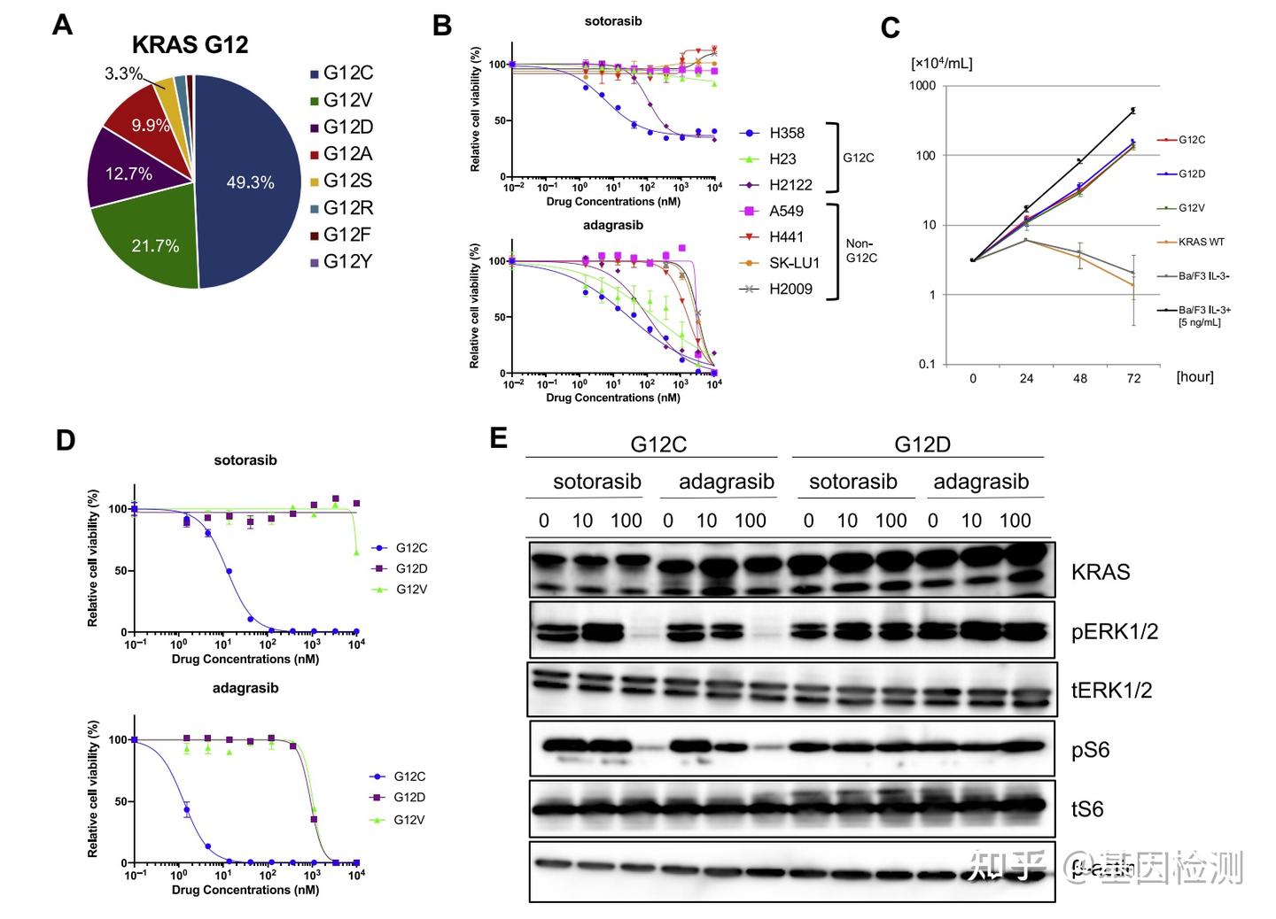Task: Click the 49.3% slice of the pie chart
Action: click(x=251, y=182)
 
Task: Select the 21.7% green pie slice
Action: click(x=155, y=245)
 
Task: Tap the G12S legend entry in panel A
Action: click(x=346, y=181)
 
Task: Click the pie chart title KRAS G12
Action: click(x=190, y=45)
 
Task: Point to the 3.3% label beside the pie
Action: click(x=123, y=73)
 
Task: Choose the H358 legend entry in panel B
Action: click(x=786, y=133)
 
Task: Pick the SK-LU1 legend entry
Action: click(x=793, y=263)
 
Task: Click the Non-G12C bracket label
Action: click(x=860, y=251)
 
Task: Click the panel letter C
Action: click(x=890, y=28)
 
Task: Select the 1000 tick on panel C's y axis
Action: click(x=922, y=86)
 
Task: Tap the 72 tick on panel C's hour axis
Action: click(x=1133, y=378)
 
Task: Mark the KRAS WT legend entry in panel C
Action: click(x=1201, y=242)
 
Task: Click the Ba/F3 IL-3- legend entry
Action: click(x=1203, y=276)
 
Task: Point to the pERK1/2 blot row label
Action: click(x=1114, y=631)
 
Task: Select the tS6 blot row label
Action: click(x=1087, y=809)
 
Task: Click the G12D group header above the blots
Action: click(x=922, y=444)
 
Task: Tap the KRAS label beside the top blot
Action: click(x=1101, y=572)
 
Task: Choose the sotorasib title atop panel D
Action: click(x=245, y=460)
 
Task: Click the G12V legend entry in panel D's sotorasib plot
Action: click(x=411, y=590)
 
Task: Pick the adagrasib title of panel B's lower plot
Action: click(x=613, y=225)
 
